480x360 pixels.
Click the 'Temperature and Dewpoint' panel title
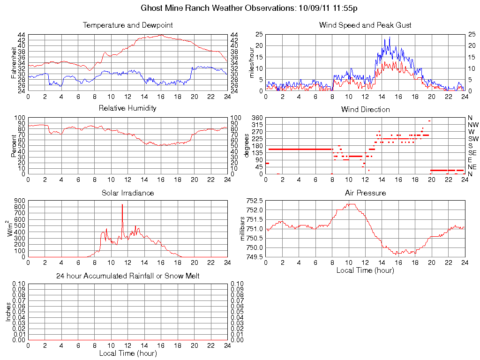tap(127, 25)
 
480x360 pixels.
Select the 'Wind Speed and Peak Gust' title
tap(365, 25)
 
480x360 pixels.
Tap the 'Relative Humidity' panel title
tap(127, 108)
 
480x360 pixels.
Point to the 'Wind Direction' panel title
tap(365, 110)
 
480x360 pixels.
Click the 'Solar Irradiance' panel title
tap(127, 193)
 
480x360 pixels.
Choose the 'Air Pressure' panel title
tap(365, 193)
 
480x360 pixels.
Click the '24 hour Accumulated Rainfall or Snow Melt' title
tap(127, 276)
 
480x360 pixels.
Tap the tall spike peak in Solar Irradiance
tap(122, 205)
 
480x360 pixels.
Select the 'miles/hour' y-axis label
tap(252, 63)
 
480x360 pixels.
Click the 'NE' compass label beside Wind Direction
tap(472, 167)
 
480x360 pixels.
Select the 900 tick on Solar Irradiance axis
tap(19, 201)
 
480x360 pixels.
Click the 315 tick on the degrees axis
tap(256, 125)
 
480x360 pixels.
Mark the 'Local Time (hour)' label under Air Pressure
tap(365, 270)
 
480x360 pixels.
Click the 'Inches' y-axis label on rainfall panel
tap(8, 312)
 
